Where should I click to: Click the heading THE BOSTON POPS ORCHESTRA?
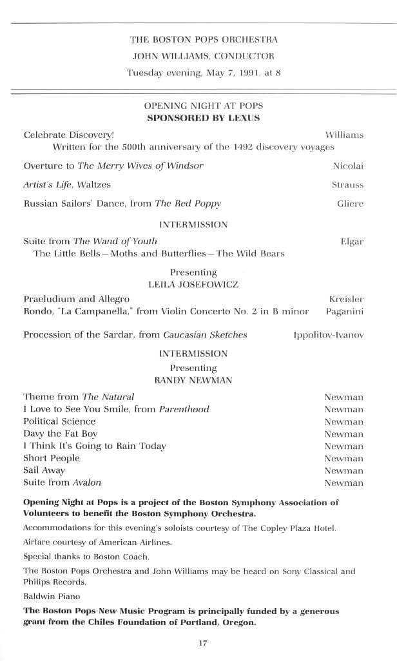pyautogui.click(x=203, y=40)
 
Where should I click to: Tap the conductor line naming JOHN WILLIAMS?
pyautogui.click(x=203, y=56)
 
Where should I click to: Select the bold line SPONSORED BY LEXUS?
pyautogui.click(x=203, y=118)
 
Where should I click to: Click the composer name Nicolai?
pyautogui.click(x=348, y=166)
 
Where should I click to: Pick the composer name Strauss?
pyautogui.click(x=347, y=185)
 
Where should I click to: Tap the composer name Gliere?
pyautogui.click(x=350, y=204)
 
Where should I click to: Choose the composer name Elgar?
pyautogui.click(x=351, y=242)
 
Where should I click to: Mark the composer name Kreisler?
pyautogui.click(x=346, y=300)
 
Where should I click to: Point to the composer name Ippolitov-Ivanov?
pyautogui.click(x=328, y=336)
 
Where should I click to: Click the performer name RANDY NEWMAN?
pyautogui.click(x=193, y=381)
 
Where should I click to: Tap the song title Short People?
pyautogui.click(x=52, y=458)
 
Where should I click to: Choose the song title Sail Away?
pyautogui.click(x=44, y=470)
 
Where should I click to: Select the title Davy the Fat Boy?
pyautogui.click(x=61, y=434)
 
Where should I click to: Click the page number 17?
pyautogui.click(x=203, y=642)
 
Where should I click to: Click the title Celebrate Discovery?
pyautogui.click(x=68, y=135)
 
